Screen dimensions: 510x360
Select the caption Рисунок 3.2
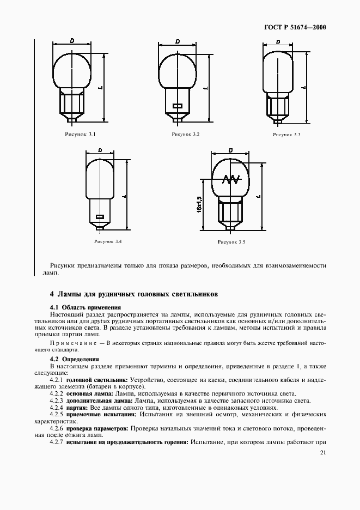[x=186, y=133]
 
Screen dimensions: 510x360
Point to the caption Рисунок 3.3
[x=286, y=133]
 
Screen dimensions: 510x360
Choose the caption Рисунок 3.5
[x=231, y=241]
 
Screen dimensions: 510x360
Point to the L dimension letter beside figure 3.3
[x=303, y=87]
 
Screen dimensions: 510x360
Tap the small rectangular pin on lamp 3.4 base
[x=100, y=217]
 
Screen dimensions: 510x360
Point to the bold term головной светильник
[x=96, y=379]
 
